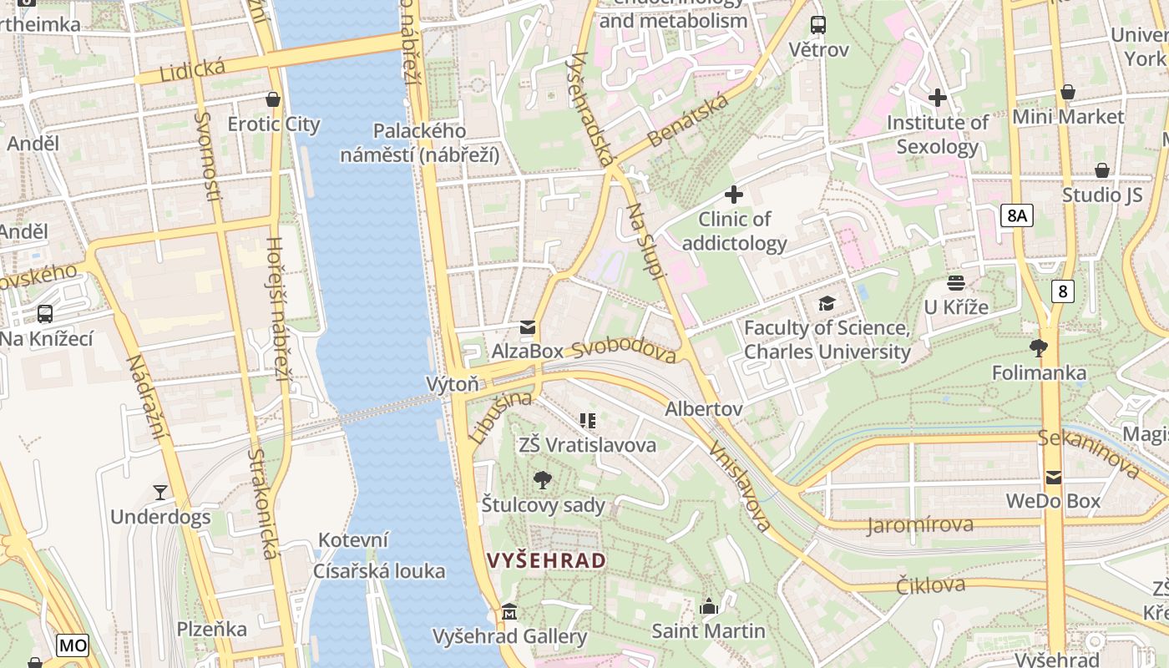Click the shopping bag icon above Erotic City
(x=272, y=99)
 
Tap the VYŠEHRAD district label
(x=546, y=560)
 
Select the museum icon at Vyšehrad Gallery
(x=509, y=613)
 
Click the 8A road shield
(x=1016, y=216)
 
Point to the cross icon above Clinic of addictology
(x=734, y=195)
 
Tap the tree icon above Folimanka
(x=1039, y=347)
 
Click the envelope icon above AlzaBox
(x=527, y=327)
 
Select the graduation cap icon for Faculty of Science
(x=827, y=303)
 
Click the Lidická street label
(x=181, y=70)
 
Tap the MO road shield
(x=73, y=645)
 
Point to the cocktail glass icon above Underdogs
(x=160, y=493)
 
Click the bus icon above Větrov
(x=818, y=25)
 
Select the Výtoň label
(x=453, y=384)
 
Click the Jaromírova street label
(x=920, y=525)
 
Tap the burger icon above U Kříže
(x=955, y=283)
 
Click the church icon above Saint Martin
(x=709, y=606)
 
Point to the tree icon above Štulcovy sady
(x=543, y=479)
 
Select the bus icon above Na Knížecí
(x=45, y=314)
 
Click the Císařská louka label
(x=379, y=572)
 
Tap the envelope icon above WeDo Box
(x=1053, y=477)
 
